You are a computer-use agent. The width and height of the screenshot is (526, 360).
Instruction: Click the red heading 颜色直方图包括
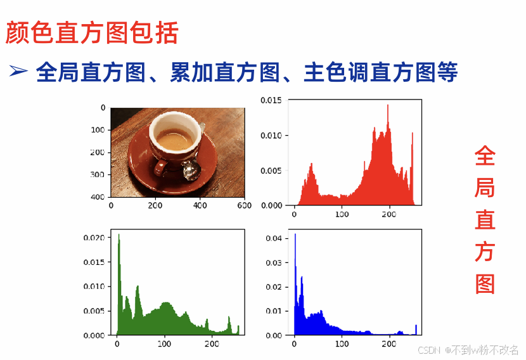click(x=92, y=32)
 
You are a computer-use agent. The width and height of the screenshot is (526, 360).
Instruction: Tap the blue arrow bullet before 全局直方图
click(x=18, y=71)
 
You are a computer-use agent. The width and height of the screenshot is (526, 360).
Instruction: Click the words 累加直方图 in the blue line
click(x=225, y=72)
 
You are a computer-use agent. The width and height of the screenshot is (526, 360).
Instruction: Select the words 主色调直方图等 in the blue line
click(x=381, y=72)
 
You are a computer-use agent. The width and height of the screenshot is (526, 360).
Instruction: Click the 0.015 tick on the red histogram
click(x=271, y=100)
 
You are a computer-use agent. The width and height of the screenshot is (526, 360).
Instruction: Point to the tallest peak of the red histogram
click(x=388, y=105)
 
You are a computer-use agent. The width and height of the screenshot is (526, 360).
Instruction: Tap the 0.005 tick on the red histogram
click(x=271, y=170)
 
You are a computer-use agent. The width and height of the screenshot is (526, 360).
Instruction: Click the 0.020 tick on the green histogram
click(x=94, y=238)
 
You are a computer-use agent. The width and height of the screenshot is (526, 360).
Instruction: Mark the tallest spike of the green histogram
click(x=119, y=235)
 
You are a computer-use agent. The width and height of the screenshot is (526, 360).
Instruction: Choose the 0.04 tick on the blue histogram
click(x=274, y=238)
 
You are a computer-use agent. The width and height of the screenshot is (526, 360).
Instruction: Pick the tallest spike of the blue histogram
click(x=295, y=235)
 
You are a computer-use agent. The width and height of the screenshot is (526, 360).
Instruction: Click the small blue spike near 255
click(x=416, y=330)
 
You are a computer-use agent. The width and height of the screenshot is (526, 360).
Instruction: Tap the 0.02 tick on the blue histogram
click(x=274, y=287)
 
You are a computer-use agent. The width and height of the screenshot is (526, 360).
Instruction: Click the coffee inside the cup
click(x=174, y=139)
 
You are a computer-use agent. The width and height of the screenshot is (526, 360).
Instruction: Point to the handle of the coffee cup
click(x=161, y=167)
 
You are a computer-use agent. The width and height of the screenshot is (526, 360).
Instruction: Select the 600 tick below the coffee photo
click(x=244, y=205)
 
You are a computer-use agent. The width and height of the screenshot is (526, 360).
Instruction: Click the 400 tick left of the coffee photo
click(x=98, y=197)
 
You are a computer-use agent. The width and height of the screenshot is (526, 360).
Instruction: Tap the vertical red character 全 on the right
click(x=485, y=156)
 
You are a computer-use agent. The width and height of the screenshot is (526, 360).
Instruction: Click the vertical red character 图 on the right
click(x=485, y=284)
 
